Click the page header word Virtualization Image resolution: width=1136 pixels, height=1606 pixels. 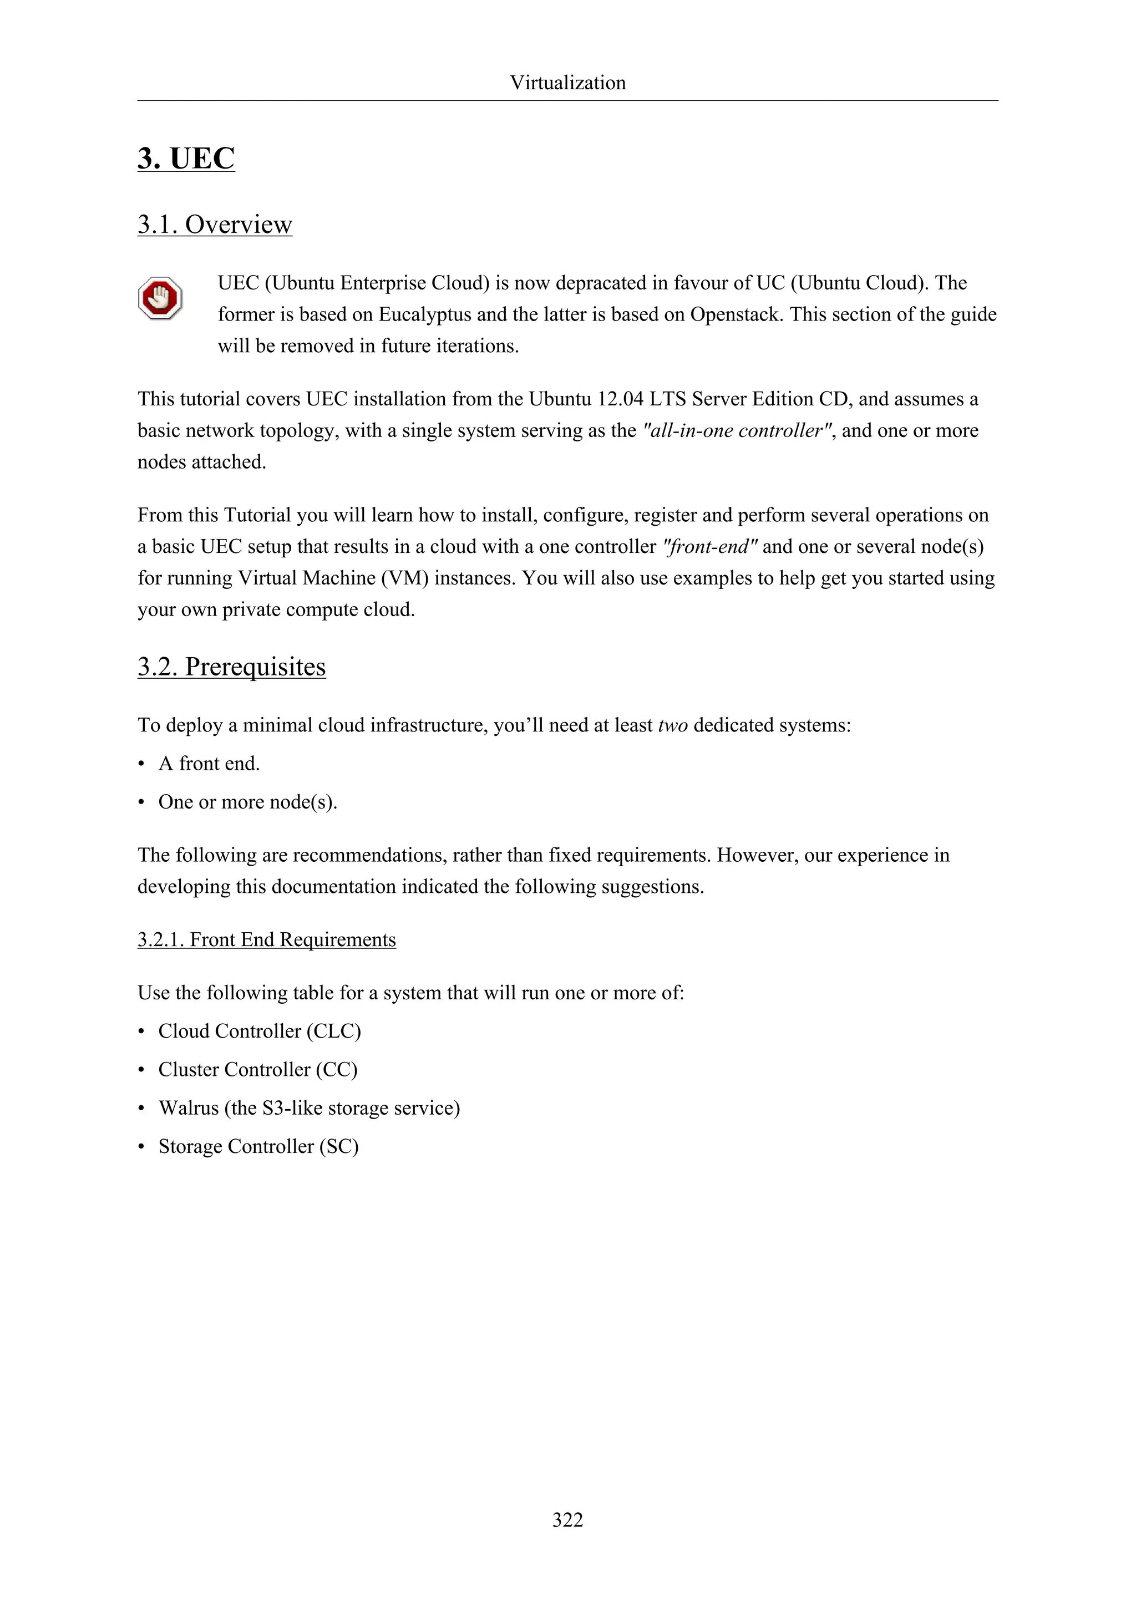point(567,83)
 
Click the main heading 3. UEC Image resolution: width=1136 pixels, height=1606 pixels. point(186,158)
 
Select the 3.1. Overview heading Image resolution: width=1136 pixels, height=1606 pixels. point(215,225)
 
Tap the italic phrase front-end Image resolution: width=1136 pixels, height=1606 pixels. point(709,547)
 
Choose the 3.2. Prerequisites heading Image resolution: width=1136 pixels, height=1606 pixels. point(231,667)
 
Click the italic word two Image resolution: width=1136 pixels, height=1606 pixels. point(673,725)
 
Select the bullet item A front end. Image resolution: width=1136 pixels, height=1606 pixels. point(209,764)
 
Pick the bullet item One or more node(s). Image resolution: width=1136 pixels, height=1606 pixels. point(247,802)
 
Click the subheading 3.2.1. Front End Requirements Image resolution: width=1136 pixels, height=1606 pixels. point(266,940)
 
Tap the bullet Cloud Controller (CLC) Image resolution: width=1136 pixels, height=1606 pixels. point(260,1031)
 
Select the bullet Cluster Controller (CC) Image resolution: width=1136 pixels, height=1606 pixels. point(257,1070)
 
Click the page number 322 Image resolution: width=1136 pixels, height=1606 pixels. point(567,1520)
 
